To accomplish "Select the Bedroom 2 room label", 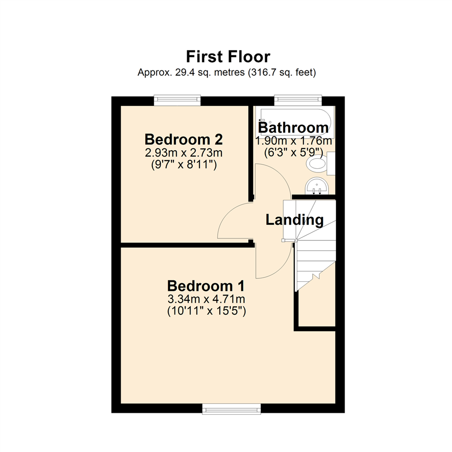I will (x=183, y=139).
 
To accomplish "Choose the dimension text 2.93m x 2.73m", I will (x=183, y=152).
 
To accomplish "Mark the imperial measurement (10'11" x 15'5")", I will (x=206, y=311).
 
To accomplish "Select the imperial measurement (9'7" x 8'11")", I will (x=183, y=165).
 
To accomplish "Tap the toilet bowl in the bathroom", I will (x=317, y=163).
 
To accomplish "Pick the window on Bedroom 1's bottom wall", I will (x=231, y=408).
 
